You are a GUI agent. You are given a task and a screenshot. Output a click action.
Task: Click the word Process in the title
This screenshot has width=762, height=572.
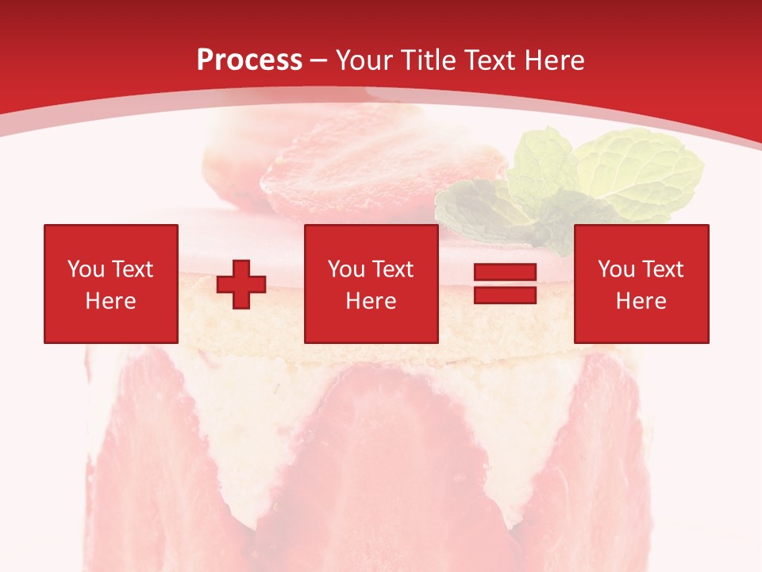(x=249, y=60)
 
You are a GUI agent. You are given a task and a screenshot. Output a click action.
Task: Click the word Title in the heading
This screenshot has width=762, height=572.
(x=427, y=60)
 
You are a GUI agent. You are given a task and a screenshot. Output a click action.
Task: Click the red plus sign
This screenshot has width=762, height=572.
(x=241, y=284)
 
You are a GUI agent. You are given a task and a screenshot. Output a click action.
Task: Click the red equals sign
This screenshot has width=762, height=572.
(x=505, y=284)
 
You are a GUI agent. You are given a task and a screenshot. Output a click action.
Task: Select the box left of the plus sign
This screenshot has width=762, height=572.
(x=111, y=284)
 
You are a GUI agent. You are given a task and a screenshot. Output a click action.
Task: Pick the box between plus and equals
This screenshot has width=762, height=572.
(x=371, y=284)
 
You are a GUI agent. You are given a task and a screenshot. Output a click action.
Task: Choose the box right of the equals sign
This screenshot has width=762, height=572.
(x=641, y=284)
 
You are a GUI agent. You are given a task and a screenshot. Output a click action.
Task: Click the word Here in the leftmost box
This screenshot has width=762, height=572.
(x=110, y=301)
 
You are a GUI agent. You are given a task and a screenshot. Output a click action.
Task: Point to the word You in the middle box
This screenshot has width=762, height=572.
(x=346, y=269)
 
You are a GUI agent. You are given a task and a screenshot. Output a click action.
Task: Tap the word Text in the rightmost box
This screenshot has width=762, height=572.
(x=662, y=269)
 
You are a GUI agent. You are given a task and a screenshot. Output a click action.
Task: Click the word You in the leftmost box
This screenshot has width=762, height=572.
(x=86, y=269)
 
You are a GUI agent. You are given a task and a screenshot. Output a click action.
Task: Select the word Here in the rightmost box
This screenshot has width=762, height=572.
(x=641, y=301)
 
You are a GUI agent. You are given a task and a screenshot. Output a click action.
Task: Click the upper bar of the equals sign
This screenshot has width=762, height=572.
(x=505, y=272)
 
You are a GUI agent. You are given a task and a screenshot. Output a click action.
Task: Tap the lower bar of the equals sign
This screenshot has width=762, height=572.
(x=505, y=295)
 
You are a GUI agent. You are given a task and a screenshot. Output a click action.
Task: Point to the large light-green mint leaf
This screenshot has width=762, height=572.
(x=639, y=175)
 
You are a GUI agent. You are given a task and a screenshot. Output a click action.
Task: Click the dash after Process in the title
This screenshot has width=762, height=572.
(x=319, y=61)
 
